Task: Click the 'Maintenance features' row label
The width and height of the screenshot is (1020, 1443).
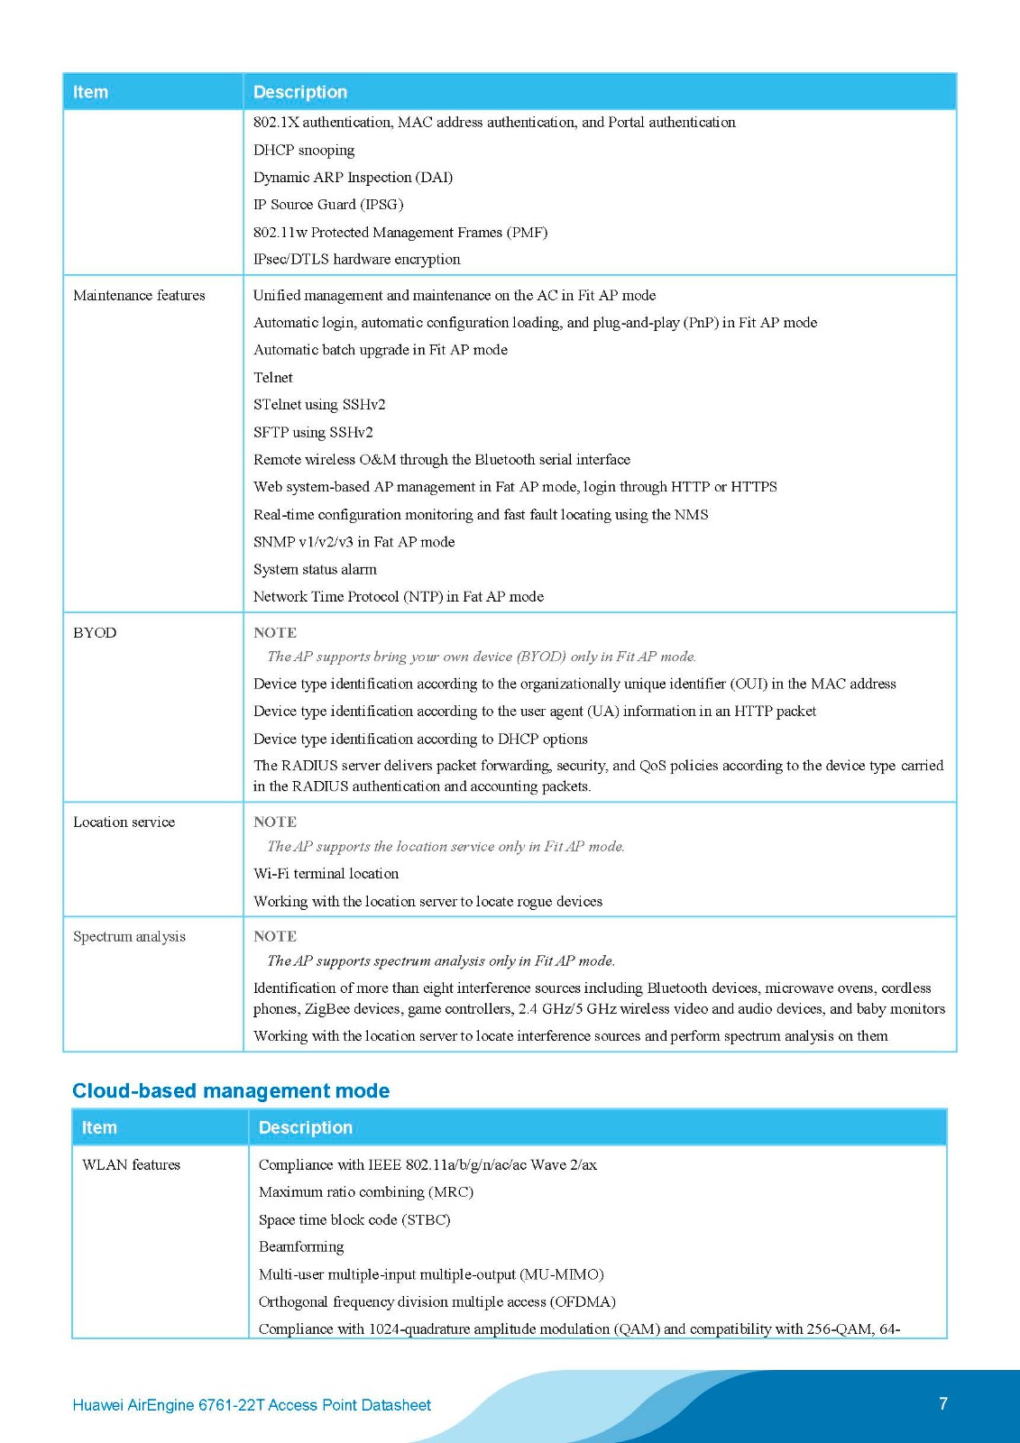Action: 139,295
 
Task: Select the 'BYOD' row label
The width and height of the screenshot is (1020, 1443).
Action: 95,632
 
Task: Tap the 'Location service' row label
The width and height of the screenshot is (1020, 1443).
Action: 124,822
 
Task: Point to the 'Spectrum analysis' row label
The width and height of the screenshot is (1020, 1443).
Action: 129,936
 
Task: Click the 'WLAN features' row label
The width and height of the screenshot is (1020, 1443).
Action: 131,1164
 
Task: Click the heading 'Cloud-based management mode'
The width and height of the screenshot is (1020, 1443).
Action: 231,1090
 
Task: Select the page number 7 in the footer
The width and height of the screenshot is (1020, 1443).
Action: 943,1403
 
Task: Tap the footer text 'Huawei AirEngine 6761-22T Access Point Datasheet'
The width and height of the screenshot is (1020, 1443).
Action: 252,1405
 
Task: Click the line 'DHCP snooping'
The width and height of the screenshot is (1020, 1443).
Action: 304,150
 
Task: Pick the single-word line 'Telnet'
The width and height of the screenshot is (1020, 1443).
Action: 273,377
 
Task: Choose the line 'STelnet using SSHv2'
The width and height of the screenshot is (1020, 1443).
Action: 319,404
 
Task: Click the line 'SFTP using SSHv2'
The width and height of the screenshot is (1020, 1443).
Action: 313,432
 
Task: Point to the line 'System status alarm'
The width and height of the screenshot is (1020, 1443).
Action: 315,569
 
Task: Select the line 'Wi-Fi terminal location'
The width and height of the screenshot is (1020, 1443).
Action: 326,873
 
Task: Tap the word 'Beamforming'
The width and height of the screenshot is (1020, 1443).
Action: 301,1246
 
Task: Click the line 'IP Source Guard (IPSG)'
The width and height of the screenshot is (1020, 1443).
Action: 328,204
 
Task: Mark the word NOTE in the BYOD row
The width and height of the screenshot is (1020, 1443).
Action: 275,632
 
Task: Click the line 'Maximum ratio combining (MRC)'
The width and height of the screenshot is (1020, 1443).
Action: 366,1191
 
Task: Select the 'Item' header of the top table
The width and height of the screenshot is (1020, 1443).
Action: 90,92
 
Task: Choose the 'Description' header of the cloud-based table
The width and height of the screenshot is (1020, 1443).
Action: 306,1127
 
